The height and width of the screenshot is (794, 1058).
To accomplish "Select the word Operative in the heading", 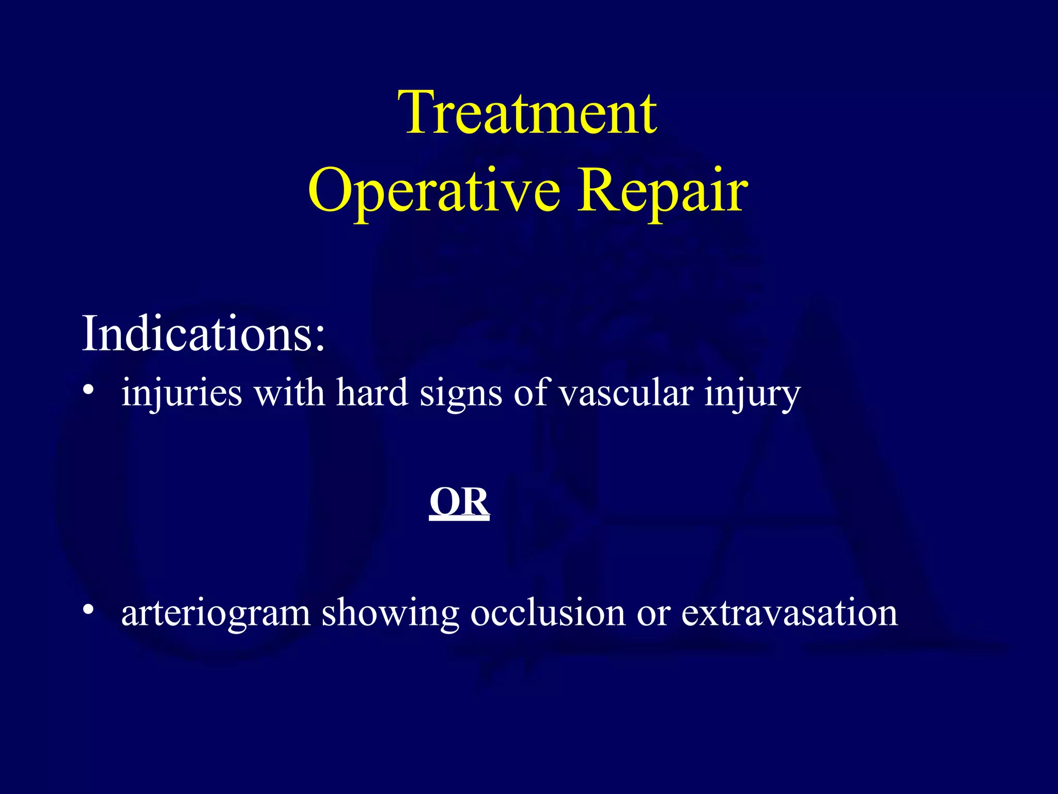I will click(434, 191).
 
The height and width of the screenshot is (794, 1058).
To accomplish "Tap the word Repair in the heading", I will click(662, 191).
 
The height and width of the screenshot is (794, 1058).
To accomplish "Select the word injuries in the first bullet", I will click(181, 393).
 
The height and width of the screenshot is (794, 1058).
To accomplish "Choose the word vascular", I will click(626, 393).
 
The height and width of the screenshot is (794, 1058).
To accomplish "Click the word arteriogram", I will click(215, 614).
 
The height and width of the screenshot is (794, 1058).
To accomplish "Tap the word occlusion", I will click(548, 613).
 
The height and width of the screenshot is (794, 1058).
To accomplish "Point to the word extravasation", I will click(789, 613).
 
